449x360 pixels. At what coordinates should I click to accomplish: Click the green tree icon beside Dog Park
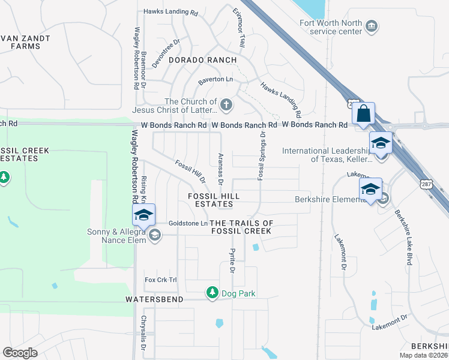pos(212,293)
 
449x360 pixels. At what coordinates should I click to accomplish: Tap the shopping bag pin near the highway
pos(363,113)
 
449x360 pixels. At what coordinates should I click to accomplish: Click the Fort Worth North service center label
pos(331,28)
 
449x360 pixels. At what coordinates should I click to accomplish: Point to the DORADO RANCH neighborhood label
pos(202,61)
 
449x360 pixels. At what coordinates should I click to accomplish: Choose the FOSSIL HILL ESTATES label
pos(214,200)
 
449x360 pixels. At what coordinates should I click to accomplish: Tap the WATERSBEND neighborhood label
pos(154,298)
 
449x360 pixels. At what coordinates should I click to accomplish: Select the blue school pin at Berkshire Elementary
pos(370,190)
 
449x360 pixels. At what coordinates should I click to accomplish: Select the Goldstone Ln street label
pos(187,223)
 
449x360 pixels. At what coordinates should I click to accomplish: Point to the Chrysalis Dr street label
pos(143,333)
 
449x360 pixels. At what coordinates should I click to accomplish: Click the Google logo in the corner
pos(20,353)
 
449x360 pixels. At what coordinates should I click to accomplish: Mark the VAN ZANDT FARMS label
pos(25,42)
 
